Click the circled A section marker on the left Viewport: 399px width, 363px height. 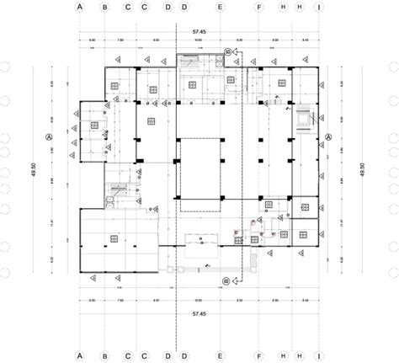point(49,136)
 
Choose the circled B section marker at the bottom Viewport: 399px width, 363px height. point(226,280)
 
